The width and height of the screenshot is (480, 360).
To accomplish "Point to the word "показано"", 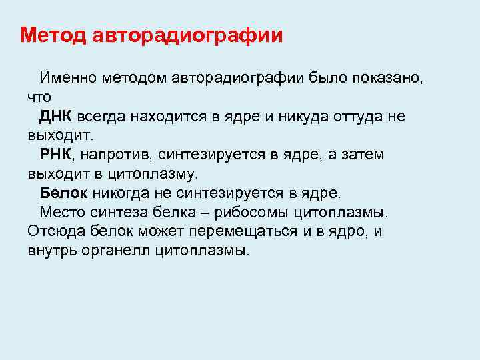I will click(x=387, y=79).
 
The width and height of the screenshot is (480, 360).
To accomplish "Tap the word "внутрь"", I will click(x=49, y=251).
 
